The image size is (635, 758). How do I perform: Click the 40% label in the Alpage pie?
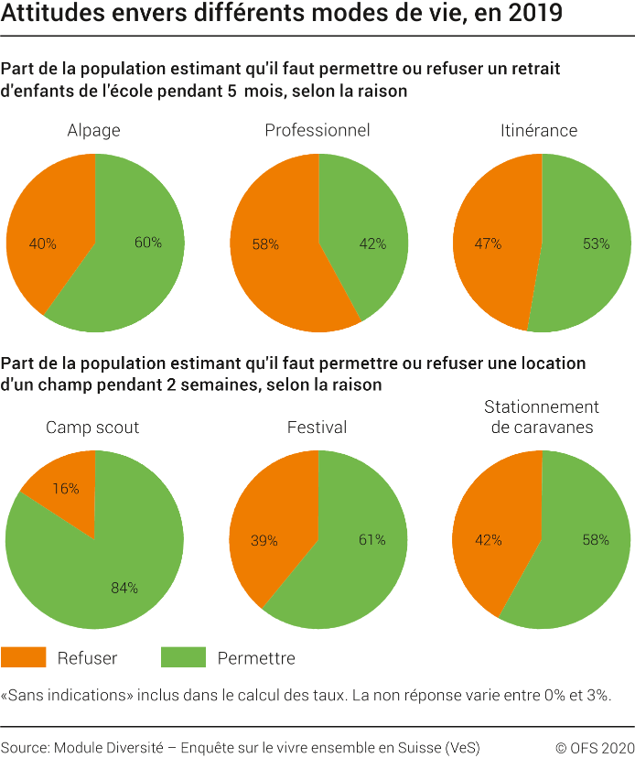click(43, 244)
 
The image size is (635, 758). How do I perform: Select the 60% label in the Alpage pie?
click(147, 243)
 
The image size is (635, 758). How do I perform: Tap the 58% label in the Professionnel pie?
click(265, 244)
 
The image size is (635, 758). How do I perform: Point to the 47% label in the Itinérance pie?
click(488, 244)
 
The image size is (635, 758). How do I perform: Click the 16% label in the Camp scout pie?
click(65, 489)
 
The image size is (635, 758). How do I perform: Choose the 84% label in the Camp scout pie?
click(124, 588)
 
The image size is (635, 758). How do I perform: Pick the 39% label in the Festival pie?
click(264, 540)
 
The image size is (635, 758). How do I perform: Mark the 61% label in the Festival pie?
click(371, 539)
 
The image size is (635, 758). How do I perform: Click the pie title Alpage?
click(94, 130)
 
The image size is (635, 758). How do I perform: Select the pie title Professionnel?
click(317, 130)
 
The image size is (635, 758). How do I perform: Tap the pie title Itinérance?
click(539, 130)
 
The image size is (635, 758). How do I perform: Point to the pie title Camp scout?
click(93, 427)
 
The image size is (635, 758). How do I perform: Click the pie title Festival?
click(317, 427)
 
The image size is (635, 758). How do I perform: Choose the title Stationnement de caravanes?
click(541, 417)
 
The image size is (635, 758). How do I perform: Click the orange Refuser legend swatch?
click(23, 657)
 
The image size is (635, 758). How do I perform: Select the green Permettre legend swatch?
click(183, 657)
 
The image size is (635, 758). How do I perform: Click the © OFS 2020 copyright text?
click(595, 746)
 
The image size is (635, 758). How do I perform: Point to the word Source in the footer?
click(25, 746)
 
